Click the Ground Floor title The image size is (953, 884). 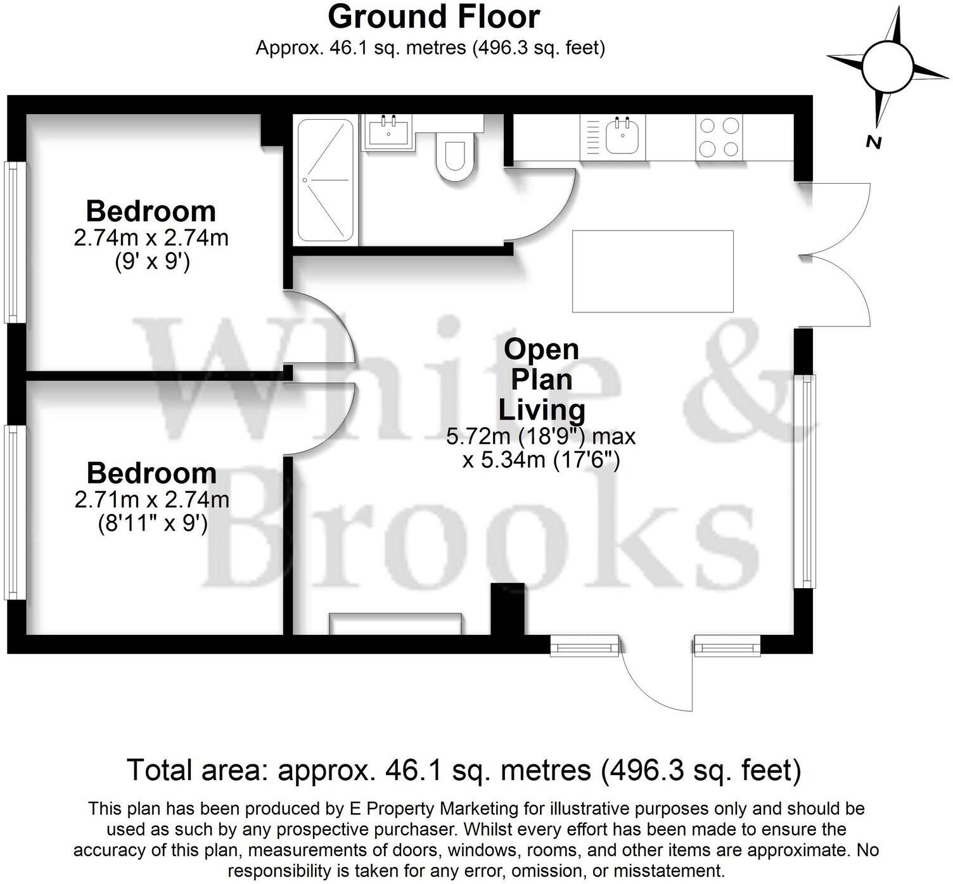pyautogui.click(x=433, y=17)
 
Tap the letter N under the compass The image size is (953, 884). pyautogui.click(x=874, y=143)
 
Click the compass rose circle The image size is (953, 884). pyautogui.click(x=887, y=66)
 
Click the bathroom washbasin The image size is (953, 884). pyautogui.click(x=388, y=132)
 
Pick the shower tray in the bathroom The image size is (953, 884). pyautogui.click(x=325, y=180)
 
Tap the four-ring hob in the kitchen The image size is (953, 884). pyautogui.click(x=719, y=138)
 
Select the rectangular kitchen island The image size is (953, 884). pyautogui.click(x=653, y=271)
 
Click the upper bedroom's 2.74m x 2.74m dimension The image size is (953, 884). pyautogui.click(x=151, y=238)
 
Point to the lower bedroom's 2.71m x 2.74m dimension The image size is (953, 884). pyautogui.click(x=151, y=500)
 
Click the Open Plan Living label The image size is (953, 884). pyautogui.click(x=541, y=380)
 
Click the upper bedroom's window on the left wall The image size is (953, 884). pyautogui.click(x=15, y=242)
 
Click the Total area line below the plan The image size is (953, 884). pyautogui.click(x=464, y=770)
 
